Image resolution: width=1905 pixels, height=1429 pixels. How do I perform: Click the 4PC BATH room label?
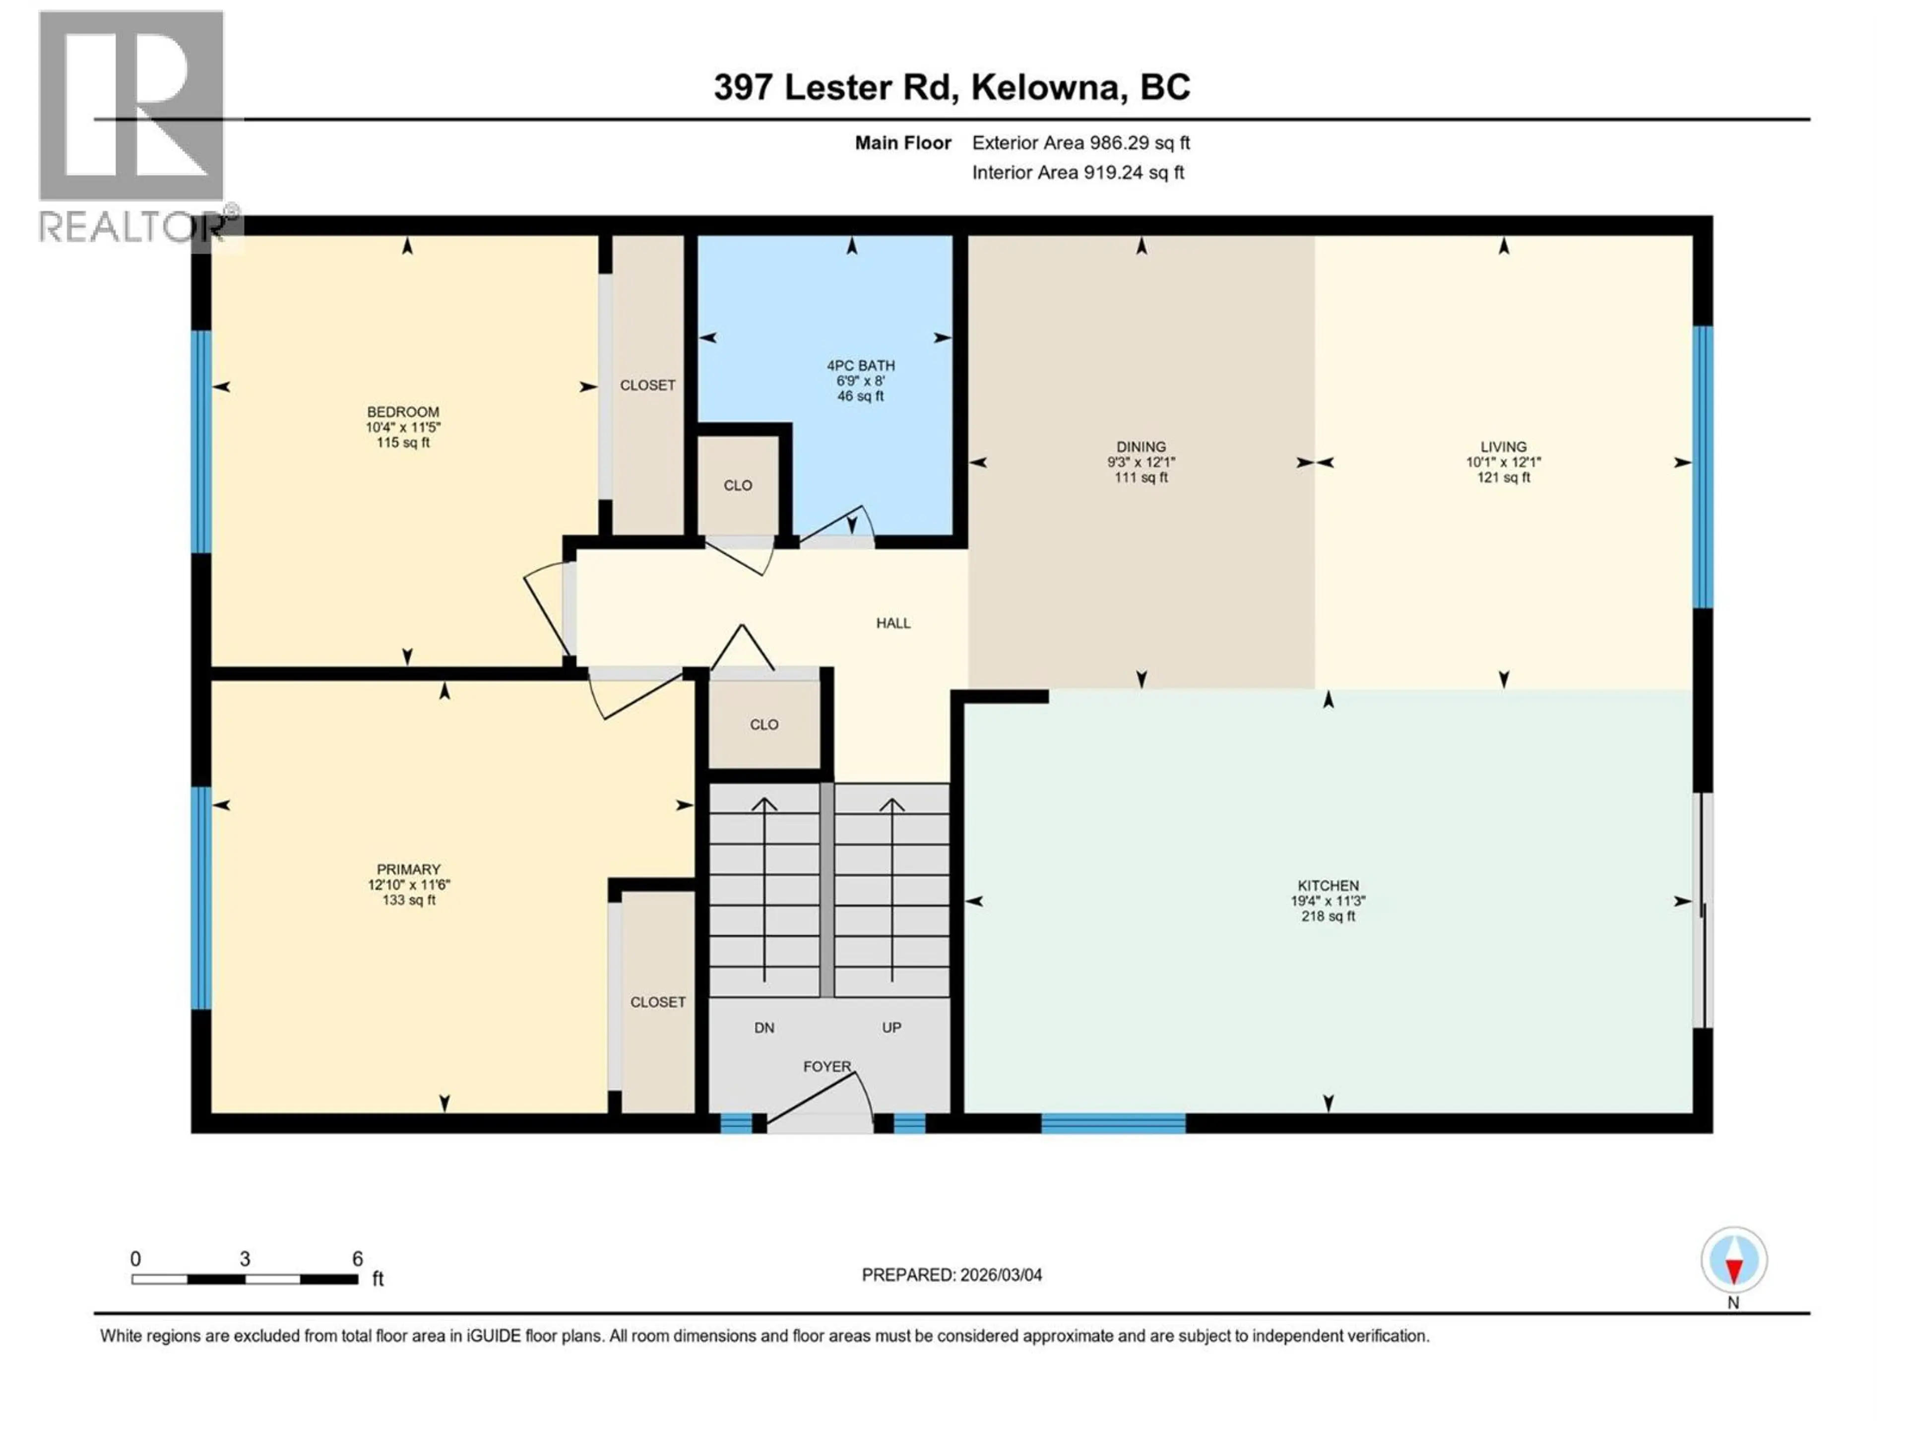coord(860,365)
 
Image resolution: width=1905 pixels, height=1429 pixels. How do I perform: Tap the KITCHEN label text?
coord(1328,886)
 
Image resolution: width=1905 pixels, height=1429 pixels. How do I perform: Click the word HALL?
coord(893,623)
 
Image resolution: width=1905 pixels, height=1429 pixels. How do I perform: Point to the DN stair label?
coord(764,1028)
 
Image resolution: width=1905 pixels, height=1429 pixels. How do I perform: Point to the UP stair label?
coord(891,1028)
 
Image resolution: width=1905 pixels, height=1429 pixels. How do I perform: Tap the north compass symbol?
coord(1734,1260)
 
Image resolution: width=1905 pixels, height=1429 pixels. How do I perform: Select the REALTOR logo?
coord(133,125)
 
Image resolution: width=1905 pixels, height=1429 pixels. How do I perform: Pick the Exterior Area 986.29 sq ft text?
coord(1081,143)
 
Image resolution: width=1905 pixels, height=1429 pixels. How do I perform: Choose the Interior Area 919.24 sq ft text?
coord(1078,172)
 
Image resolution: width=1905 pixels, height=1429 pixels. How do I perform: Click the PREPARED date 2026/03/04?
coord(952,1275)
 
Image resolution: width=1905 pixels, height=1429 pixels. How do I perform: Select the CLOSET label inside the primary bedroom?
coord(658,1002)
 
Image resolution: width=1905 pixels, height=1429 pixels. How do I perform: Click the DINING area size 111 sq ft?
coord(1141,477)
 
